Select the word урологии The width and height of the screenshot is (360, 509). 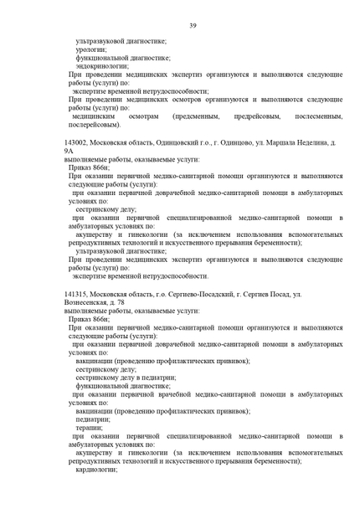(90, 49)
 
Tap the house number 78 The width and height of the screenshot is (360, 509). (128, 304)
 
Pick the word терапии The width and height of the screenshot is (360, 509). (90, 427)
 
